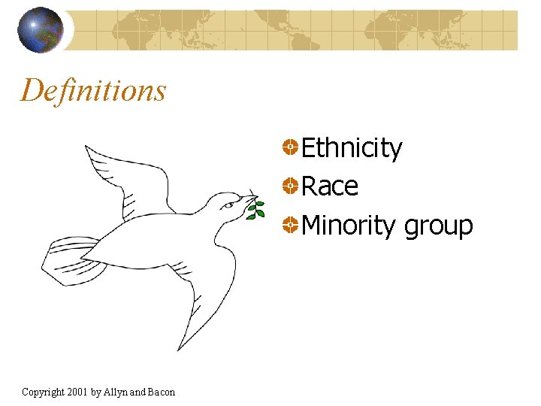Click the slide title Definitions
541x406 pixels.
[93, 90]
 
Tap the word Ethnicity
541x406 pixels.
[351, 149]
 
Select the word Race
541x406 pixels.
[329, 186]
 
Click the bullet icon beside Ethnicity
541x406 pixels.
[290, 147]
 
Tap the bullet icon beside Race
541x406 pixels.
[290, 185]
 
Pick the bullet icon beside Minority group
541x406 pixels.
[290, 223]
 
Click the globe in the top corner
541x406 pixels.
[41, 29]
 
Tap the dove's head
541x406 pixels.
[225, 205]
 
